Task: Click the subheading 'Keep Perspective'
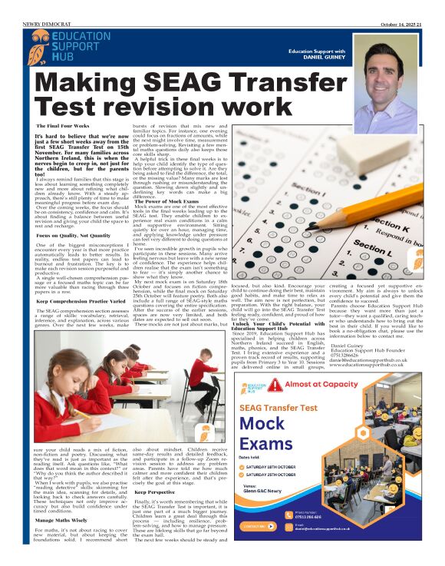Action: (151, 492)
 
